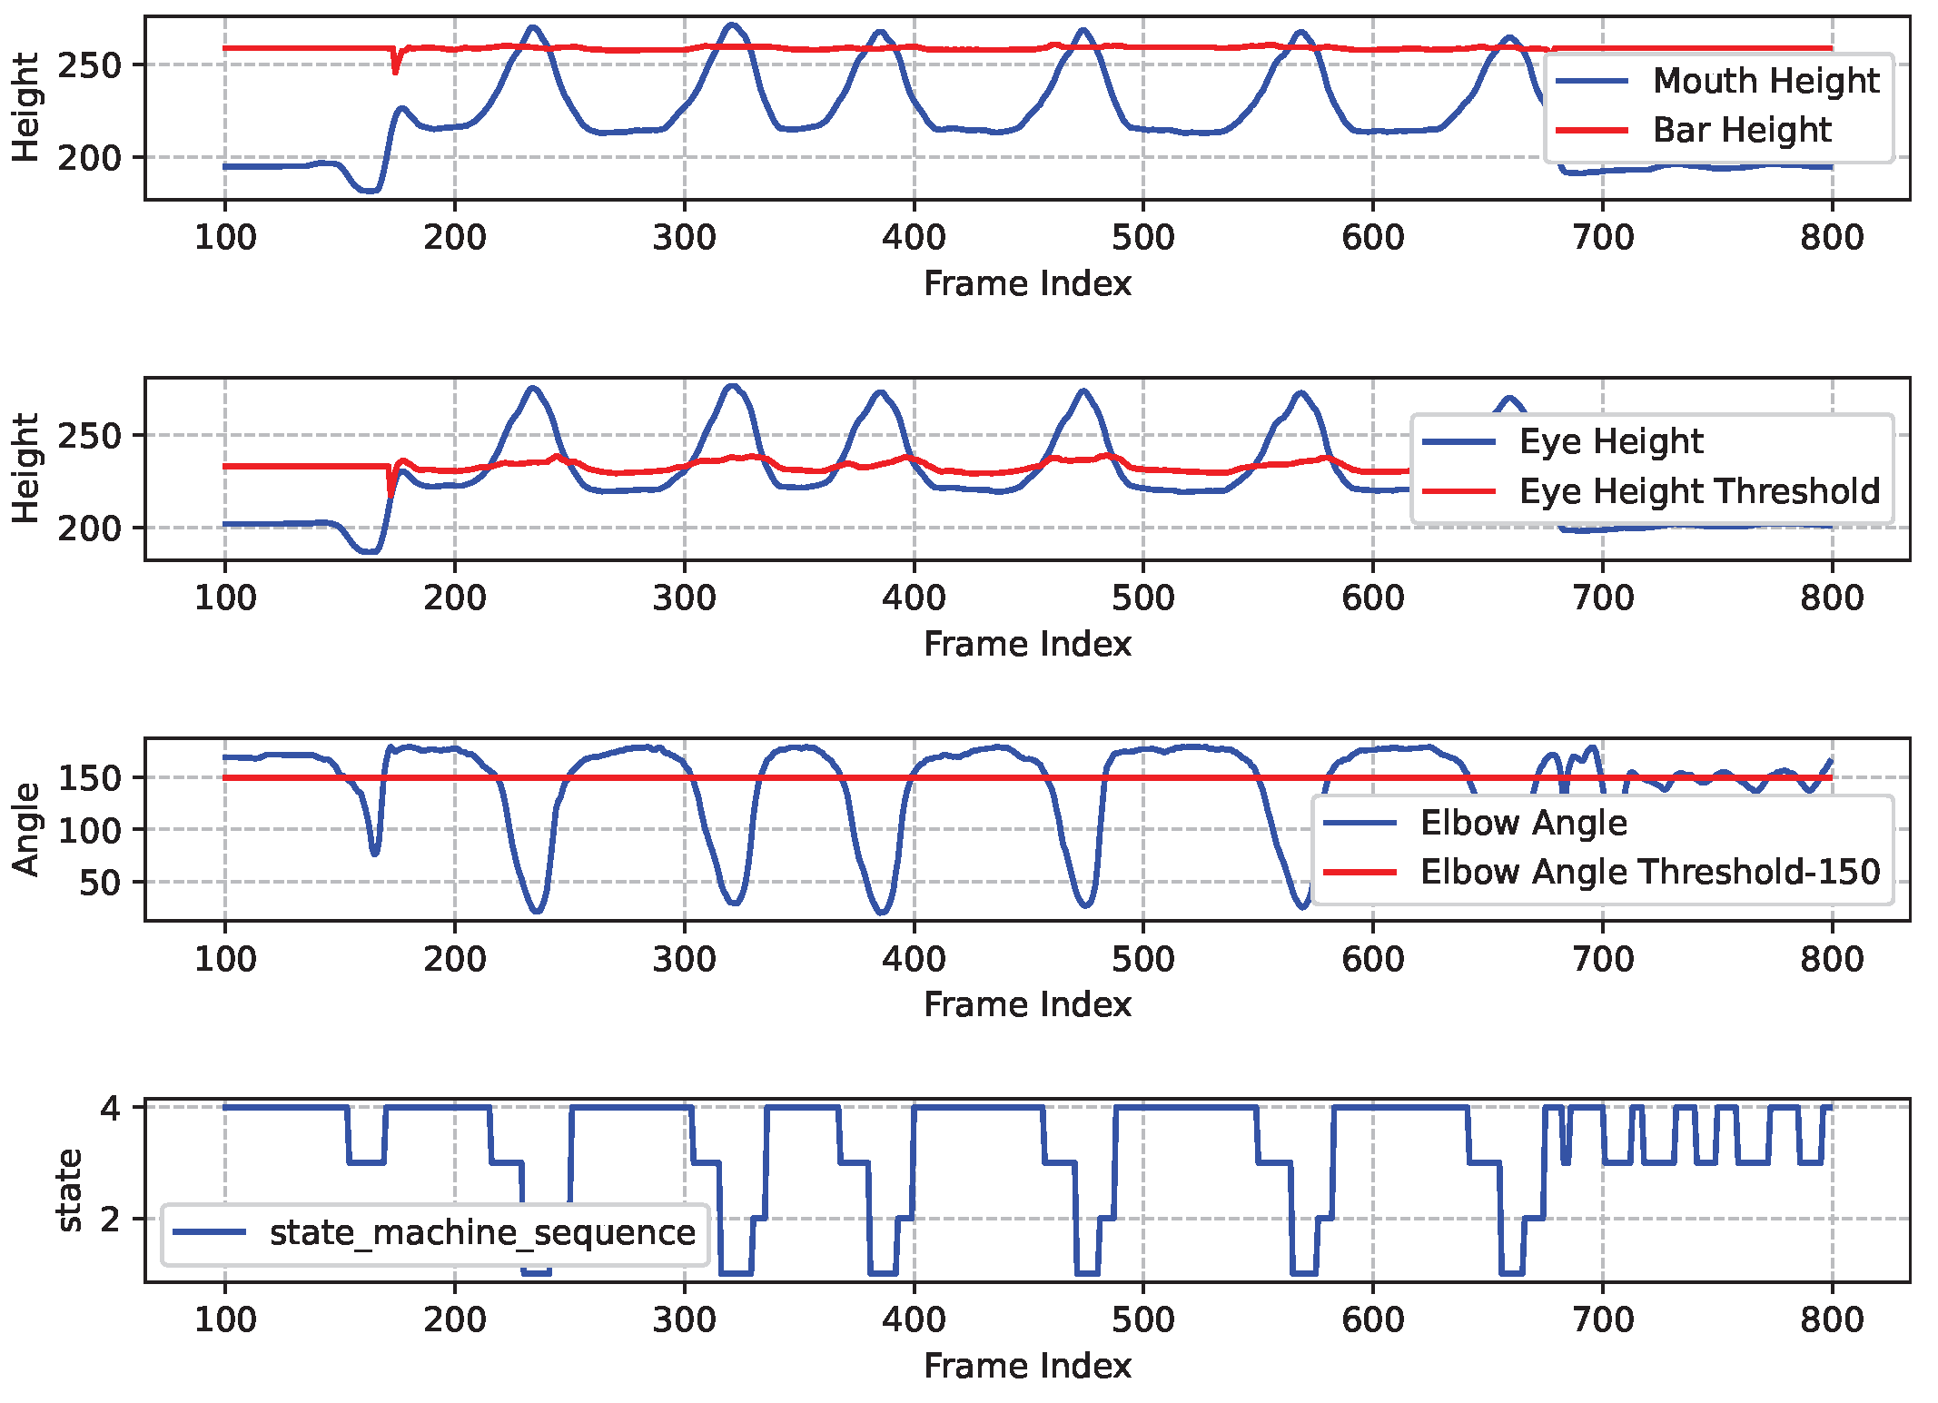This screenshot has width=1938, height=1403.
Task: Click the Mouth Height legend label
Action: click(1765, 81)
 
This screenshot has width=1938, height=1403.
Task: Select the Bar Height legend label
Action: click(1742, 130)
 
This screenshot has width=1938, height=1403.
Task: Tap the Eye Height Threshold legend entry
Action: click(1699, 491)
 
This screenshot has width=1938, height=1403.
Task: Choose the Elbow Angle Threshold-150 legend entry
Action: click(1649, 872)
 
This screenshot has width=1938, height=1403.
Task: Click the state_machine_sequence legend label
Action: click(482, 1232)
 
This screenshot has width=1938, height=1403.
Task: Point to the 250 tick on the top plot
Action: click(88, 65)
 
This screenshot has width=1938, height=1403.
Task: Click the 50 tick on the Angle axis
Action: click(100, 882)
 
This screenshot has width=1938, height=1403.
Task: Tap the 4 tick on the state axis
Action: click(111, 1108)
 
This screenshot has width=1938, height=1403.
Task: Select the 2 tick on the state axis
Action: click(111, 1219)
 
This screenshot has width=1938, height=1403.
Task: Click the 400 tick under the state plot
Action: click(914, 1319)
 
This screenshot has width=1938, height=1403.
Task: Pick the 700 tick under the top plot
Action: click(1602, 238)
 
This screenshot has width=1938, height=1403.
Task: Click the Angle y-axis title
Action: click(26, 829)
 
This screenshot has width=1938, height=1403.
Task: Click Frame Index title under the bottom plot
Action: click(1027, 1366)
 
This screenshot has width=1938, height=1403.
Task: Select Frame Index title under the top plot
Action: click(1027, 284)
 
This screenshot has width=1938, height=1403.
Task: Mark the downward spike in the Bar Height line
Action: click(395, 71)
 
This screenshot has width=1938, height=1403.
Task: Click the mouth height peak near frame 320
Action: click(732, 25)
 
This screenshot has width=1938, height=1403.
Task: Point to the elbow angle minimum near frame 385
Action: click(882, 912)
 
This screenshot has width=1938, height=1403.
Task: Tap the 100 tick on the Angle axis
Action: click(90, 830)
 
